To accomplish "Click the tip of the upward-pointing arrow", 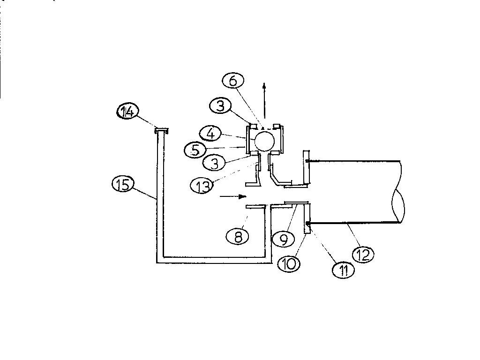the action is (x=264, y=83).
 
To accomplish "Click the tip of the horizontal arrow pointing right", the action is (x=247, y=196).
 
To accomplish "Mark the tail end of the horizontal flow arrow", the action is (x=220, y=196).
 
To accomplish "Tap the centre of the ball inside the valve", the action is (x=264, y=141).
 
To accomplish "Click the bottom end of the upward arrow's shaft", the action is (x=264, y=118).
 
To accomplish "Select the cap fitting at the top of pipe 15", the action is (x=162, y=131).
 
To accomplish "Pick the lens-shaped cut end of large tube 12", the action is (x=398, y=206).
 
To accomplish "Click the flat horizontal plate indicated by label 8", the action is (x=256, y=207).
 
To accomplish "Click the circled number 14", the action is (x=127, y=112).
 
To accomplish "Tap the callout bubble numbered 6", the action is (x=233, y=81).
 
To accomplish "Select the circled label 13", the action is (x=201, y=185).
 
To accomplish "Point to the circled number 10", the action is (x=289, y=263).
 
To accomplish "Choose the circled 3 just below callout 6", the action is (x=220, y=106).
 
